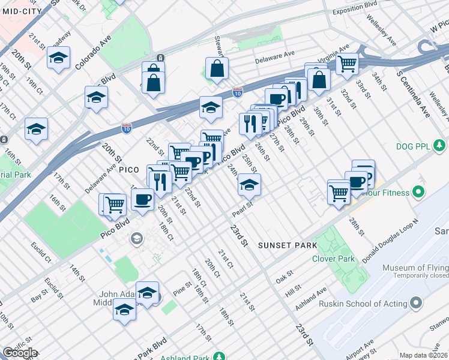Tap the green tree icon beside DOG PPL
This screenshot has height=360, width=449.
click(x=441, y=146)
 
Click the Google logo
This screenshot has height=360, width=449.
click(x=19, y=353)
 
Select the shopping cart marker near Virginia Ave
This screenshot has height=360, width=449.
click(x=347, y=63)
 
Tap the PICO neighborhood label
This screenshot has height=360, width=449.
click(x=129, y=170)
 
